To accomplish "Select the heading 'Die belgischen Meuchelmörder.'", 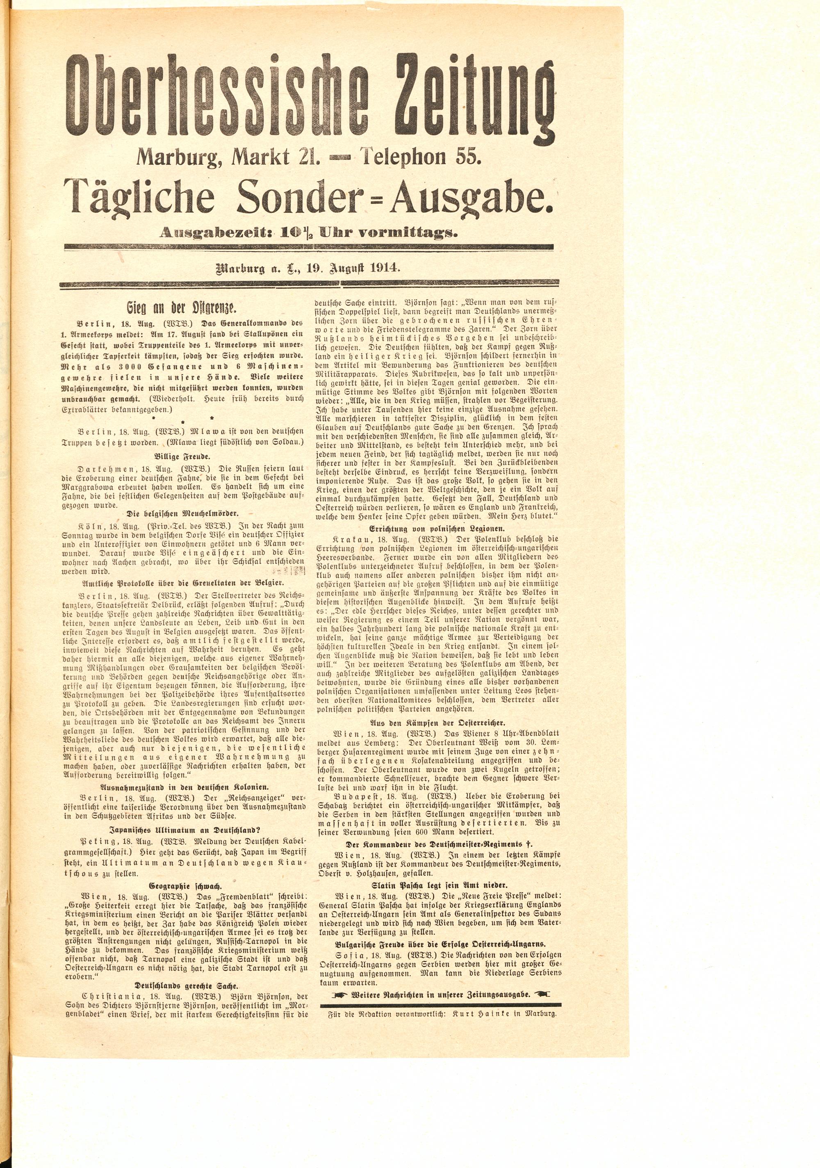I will tap(182, 513).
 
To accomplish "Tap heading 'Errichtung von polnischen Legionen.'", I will tap(439, 528).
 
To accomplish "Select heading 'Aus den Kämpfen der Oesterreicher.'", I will tap(439, 722).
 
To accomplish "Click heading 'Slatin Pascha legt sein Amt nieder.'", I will tap(439, 885).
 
